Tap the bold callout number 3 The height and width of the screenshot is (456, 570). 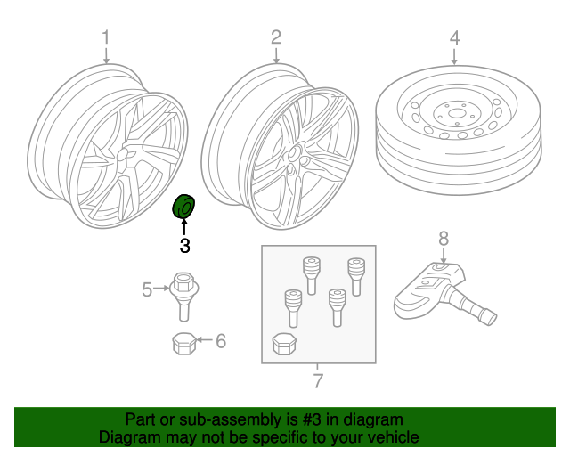(x=184, y=247)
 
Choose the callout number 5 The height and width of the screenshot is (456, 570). (x=147, y=288)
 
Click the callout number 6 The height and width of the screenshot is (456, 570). (x=221, y=340)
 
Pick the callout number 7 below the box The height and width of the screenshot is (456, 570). (x=317, y=382)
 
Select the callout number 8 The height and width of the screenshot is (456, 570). (x=444, y=238)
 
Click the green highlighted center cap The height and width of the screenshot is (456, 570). (x=183, y=208)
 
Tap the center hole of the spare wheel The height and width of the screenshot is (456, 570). (x=454, y=113)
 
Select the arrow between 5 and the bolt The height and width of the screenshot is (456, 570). (x=162, y=288)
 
